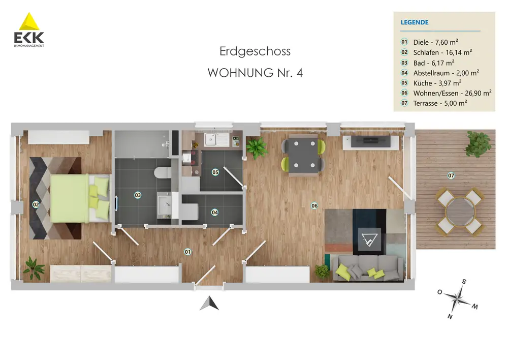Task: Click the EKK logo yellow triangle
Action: point(29,22)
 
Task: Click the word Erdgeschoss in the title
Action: point(255,51)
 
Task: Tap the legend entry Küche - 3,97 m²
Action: point(437,83)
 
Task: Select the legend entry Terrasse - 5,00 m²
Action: point(440,103)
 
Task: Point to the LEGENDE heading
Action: point(415,22)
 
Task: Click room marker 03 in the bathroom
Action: point(138,195)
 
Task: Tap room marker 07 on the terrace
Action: point(451,176)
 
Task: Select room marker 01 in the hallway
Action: point(187,252)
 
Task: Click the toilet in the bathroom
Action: point(163,172)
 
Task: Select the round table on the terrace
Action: point(460,212)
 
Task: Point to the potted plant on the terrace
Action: point(478,144)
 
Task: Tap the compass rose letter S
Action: point(464,282)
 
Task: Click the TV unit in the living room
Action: point(371,142)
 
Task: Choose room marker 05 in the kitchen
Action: point(215,172)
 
